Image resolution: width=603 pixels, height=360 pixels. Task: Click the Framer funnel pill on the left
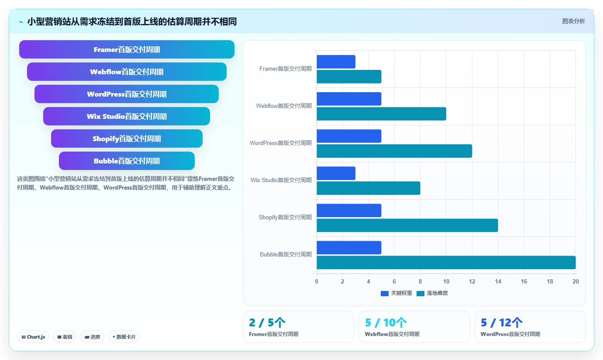coord(127,49)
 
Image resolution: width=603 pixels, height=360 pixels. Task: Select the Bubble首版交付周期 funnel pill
coord(127,161)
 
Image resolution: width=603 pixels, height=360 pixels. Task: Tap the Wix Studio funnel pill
coord(127,116)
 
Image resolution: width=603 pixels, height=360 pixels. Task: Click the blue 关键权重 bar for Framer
coord(336,62)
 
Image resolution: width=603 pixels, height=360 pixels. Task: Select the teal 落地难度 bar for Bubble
coord(446,263)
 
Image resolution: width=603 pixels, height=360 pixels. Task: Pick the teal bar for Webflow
coord(382,114)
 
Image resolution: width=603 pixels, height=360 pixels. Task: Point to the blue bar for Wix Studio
coord(336,173)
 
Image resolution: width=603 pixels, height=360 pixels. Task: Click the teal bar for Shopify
coord(407,225)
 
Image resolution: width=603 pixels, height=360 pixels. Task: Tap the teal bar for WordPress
coord(394,151)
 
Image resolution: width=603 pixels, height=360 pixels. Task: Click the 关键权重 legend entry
coord(396,293)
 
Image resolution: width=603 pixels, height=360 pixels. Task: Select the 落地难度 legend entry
coord(432,293)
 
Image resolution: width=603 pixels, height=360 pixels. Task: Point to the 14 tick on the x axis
coord(498,281)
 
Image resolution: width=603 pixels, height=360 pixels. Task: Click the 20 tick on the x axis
coord(575,281)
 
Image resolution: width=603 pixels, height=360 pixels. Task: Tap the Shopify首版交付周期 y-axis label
coord(285,217)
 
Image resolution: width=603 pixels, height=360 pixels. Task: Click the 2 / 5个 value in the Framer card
coord(267,322)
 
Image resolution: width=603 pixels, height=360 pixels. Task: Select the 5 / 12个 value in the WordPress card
coord(502,322)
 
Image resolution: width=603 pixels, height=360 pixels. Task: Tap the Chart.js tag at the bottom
coord(33,337)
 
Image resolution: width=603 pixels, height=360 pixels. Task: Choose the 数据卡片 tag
coord(124,337)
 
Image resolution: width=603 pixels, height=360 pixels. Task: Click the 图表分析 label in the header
coord(573,21)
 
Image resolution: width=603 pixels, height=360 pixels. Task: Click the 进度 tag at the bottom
coord(92,337)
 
